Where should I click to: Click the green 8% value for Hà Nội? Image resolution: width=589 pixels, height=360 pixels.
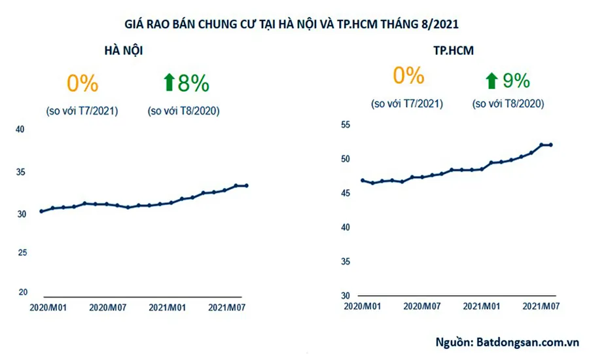pos(193,83)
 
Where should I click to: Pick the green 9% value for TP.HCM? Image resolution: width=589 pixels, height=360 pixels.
pos(516,81)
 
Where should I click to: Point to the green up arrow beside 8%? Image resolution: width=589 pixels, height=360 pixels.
pos(168,83)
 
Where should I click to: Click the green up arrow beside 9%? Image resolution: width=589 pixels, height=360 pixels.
pos(491,81)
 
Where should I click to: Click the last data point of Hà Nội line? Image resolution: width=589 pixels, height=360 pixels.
pos(246,186)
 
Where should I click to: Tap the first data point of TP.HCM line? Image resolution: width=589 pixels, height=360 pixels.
pos(361,180)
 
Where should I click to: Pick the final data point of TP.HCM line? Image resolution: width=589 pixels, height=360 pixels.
pos(551,145)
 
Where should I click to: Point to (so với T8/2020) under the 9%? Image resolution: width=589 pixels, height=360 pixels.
pos(508,104)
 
